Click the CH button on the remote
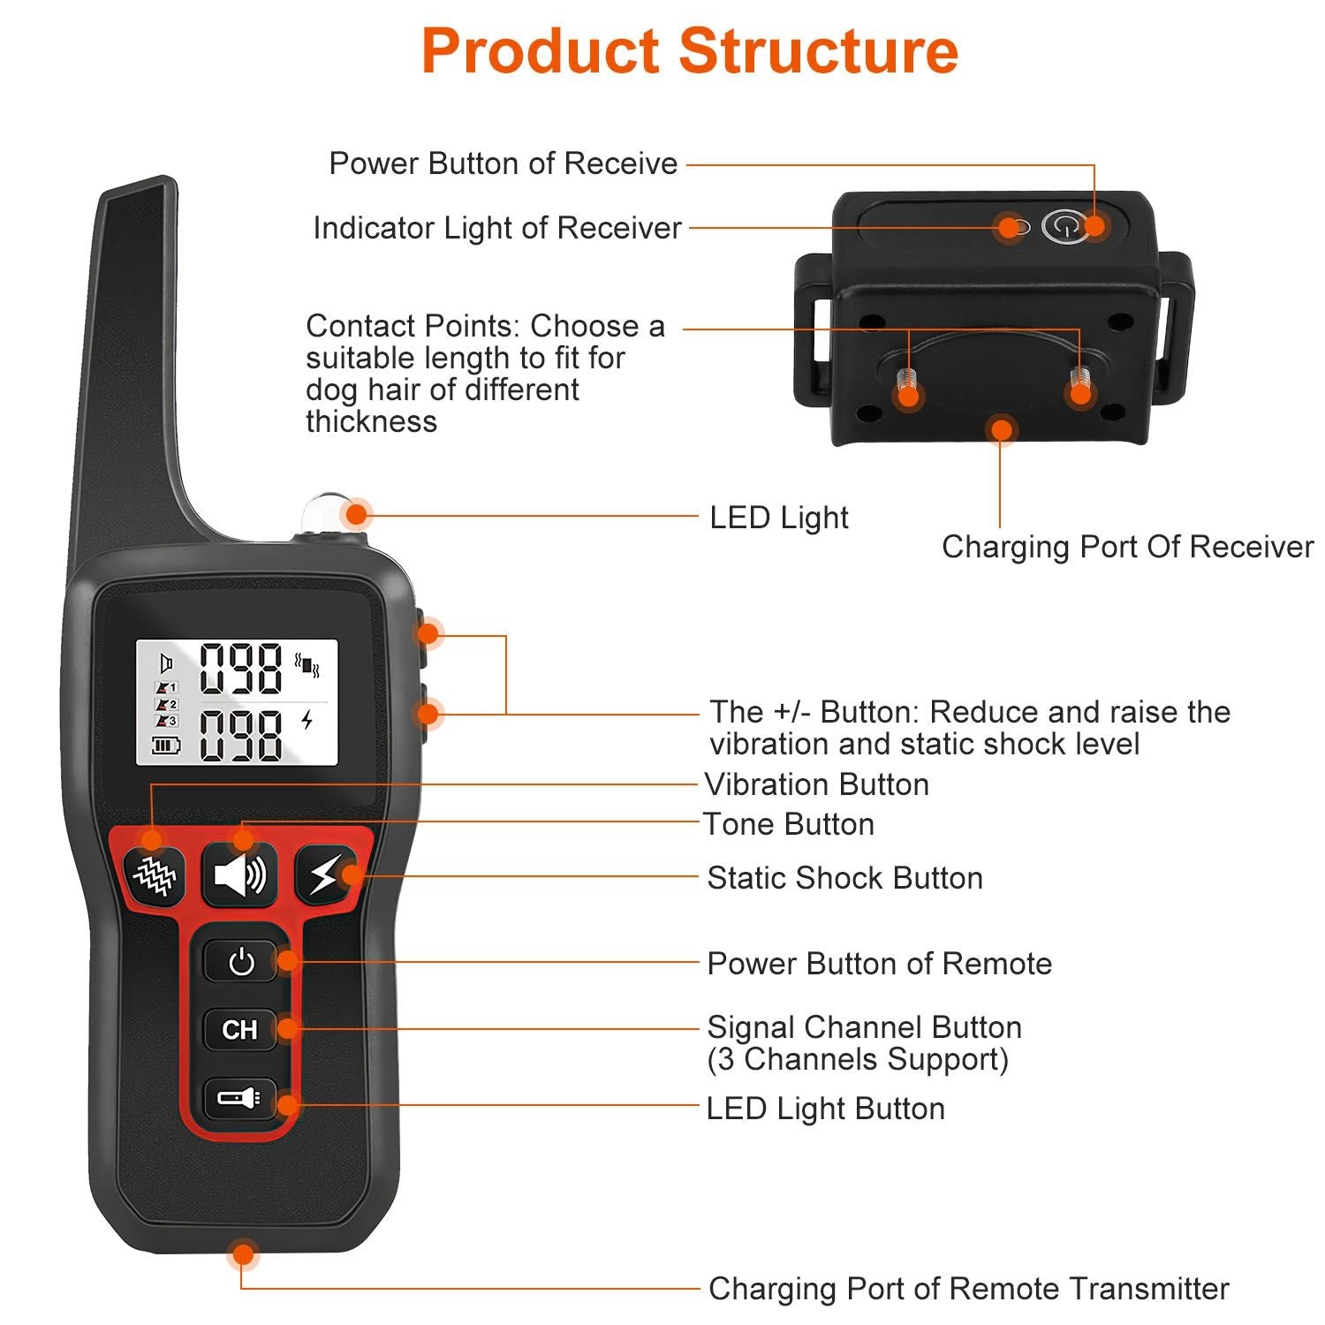[x=239, y=1029]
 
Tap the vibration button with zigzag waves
[x=155, y=875]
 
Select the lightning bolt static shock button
[x=324, y=875]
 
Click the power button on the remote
[x=240, y=961]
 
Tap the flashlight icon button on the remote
[x=238, y=1098]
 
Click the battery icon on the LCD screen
[x=165, y=746]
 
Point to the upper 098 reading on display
[x=240, y=669]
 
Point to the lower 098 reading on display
[x=240, y=735]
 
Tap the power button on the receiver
[x=1064, y=226]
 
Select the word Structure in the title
[x=818, y=51]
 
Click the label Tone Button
[x=789, y=824]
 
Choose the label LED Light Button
[x=825, y=1109]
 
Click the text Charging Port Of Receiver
[x=1127, y=547]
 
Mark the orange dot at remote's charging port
[x=242, y=1253]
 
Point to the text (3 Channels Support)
[x=857, y=1059]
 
